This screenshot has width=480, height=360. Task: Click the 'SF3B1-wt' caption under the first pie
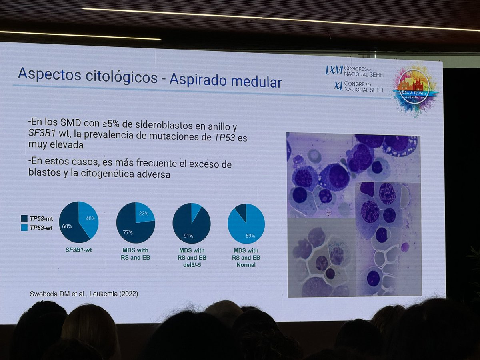[x=77, y=250]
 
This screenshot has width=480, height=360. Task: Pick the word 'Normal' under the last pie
[x=246, y=264]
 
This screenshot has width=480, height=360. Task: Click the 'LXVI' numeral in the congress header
[x=334, y=70]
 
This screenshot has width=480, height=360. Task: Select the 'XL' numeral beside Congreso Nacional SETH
[x=338, y=86]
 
